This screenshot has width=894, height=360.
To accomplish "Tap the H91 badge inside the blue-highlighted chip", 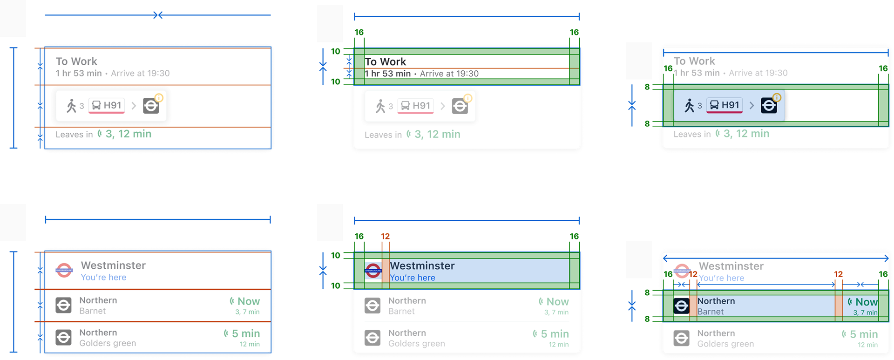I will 725,106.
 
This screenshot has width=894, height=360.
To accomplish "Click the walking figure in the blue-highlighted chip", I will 689,106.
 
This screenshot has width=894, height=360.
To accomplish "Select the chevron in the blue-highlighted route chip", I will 751,106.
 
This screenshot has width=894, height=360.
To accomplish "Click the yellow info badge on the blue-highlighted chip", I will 777,97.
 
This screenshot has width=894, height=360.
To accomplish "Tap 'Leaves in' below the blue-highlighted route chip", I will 692,135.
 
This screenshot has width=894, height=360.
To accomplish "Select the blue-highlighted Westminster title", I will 422,266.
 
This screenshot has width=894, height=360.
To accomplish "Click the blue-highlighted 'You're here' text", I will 413,278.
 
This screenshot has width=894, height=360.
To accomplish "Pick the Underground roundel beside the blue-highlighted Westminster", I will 373,271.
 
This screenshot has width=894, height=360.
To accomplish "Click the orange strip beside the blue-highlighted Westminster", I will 386,271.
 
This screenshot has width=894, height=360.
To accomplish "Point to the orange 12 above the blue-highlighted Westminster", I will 385,237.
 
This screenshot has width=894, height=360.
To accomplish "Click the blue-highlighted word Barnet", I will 711,312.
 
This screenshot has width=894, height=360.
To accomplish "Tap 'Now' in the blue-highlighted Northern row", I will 866,302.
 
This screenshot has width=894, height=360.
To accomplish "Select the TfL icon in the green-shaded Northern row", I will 681,306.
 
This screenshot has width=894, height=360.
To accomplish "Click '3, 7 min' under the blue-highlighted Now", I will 865,313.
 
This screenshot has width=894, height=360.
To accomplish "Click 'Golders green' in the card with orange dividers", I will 108,343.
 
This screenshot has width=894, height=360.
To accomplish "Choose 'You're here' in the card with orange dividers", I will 103,278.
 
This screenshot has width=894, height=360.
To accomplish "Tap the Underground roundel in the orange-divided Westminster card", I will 64,271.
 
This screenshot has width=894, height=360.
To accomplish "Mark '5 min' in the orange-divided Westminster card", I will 245,334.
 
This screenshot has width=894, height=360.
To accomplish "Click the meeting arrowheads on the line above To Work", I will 158,15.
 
